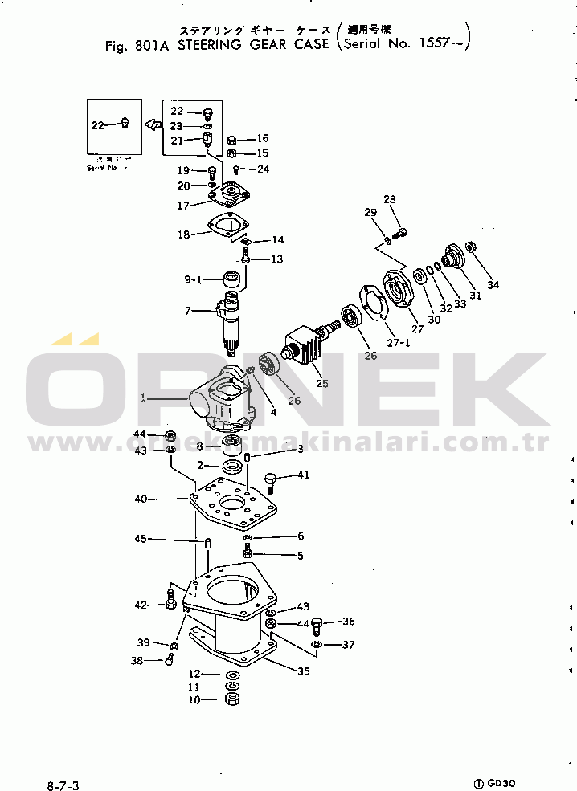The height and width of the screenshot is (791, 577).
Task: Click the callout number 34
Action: tap(493, 285)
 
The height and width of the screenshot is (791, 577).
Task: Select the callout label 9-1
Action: tap(194, 279)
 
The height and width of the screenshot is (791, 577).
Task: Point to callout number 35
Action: tap(303, 671)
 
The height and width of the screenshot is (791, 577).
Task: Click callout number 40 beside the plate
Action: tap(141, 499)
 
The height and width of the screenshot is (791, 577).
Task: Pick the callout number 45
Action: tap(141, 539)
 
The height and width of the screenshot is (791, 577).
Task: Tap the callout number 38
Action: tap(136, 661)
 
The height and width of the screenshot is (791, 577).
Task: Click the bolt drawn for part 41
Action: tap(271, 482)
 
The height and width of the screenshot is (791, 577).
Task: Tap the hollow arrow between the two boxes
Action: tap(151, 124)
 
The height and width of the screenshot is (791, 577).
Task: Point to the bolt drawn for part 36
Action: tap(316, 624)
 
